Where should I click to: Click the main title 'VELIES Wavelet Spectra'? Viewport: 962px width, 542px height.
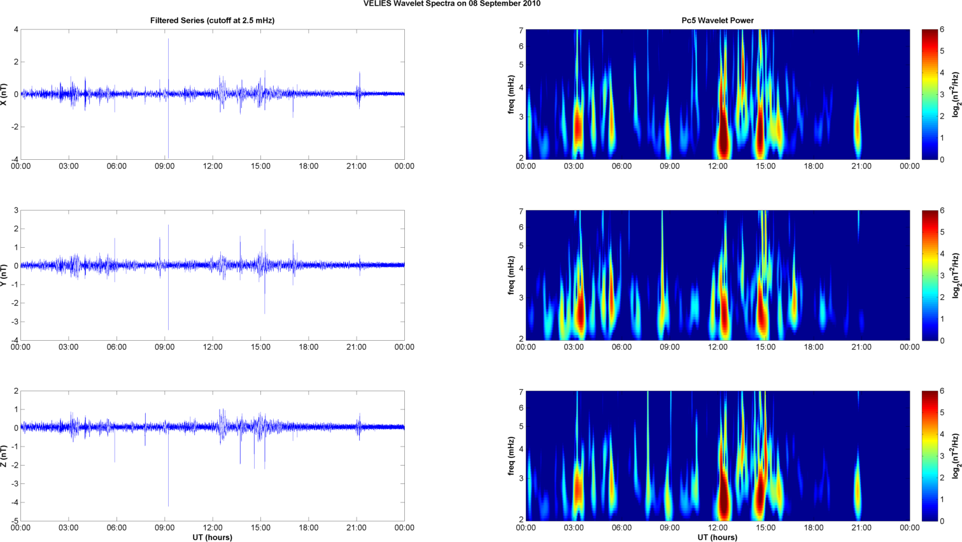click(451, 4)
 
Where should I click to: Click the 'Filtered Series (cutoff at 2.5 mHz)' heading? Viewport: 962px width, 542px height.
click(212, 20)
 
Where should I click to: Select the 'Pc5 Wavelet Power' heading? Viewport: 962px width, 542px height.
click(717, 20)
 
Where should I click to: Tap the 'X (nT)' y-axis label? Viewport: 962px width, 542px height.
click(5, 94)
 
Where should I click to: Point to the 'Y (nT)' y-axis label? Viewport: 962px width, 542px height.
click(5, 275)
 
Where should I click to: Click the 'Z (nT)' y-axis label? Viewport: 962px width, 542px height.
click(5, 456)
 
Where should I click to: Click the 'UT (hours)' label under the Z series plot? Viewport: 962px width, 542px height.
click(212, 538)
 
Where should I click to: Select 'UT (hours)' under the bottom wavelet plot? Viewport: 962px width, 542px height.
click(717, 538)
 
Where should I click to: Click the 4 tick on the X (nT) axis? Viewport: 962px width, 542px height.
click(16, 29)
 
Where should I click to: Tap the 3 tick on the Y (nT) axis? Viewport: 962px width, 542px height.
click(16, 210)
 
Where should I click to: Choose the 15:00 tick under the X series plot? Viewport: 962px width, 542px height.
click(260, 166)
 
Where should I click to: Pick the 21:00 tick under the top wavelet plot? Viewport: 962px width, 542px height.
click(861, 166)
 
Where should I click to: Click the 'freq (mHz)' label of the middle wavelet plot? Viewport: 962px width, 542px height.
click(511, 275)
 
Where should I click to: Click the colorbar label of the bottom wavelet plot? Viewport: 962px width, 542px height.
click(955, 456)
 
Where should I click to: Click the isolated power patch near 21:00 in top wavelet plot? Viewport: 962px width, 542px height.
click(858, 127)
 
